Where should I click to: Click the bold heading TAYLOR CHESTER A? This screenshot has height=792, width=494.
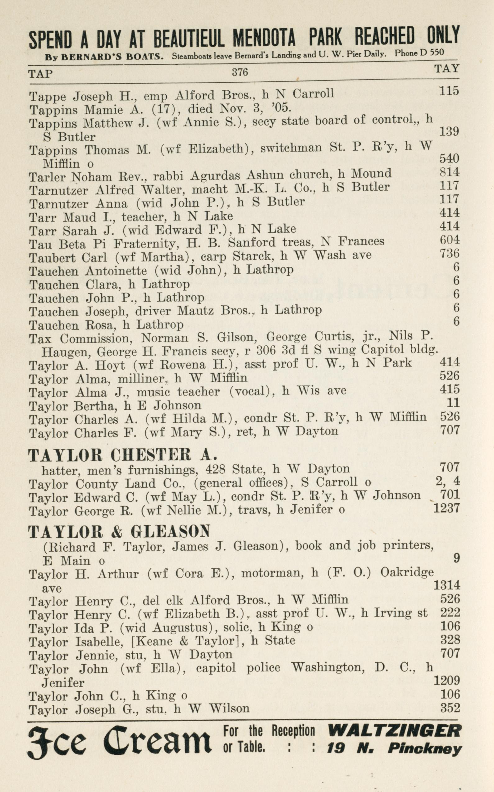122,455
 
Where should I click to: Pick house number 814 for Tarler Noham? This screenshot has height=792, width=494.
450,172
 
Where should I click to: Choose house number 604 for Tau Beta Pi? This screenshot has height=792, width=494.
450,240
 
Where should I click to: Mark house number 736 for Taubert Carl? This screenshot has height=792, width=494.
450,253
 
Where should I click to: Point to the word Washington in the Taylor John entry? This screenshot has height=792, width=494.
328,667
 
